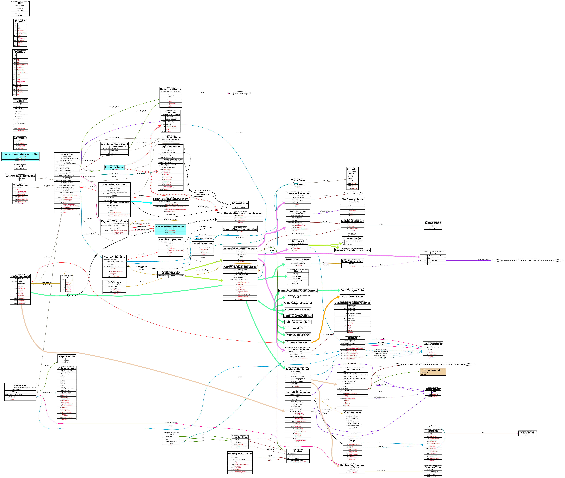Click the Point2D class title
point(20,21)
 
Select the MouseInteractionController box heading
point(20,154)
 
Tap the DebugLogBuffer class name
point(171,89)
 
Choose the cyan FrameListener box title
point(114,167)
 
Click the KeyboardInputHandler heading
point(171,227)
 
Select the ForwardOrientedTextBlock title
point(352,250)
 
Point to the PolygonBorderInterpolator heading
point(352,303)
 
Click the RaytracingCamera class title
point(352,465)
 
